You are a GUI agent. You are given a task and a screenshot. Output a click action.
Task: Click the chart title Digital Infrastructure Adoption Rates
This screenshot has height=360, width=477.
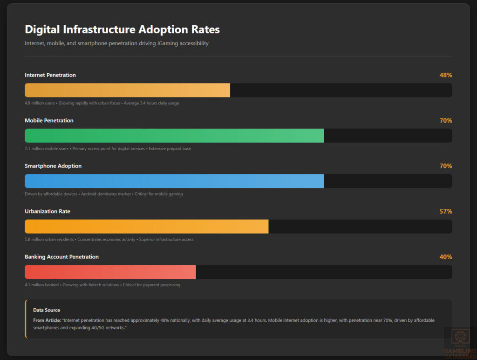(x=122, y=29)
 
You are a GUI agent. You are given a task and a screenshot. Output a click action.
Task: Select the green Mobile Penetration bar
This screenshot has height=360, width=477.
(x=174, y=136)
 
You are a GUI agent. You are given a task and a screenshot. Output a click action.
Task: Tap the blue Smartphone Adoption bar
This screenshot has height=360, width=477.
(x=174, y=181)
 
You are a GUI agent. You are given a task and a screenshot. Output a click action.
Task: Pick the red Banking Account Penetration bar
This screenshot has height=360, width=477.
(x=110, y=272)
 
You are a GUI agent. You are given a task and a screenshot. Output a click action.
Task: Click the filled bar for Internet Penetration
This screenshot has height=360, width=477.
(x=127, y=90)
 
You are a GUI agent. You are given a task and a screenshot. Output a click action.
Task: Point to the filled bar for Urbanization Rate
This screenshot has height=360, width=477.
(x=146, y=227)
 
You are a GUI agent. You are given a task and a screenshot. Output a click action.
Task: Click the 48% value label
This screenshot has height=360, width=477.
(x=445, y=75)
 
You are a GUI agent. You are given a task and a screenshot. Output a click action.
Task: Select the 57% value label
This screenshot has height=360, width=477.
(x=445, y=211)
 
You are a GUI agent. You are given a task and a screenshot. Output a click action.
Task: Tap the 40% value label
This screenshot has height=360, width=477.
(x=445, y=257)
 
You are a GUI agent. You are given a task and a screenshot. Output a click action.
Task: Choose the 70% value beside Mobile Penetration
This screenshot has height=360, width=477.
(x=445, y=120)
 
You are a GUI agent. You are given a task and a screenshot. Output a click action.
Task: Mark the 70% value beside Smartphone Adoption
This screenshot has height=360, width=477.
(x=445, y=166)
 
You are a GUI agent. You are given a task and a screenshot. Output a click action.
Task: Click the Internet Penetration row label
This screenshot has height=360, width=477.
(x=50, y=75)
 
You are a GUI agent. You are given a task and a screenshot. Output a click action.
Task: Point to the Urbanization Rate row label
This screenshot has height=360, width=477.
(x=48, y=211)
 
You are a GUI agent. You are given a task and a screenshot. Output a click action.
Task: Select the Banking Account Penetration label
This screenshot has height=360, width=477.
(x=61, y=257)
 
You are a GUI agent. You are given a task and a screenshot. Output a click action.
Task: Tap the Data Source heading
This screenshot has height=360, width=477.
(x=47, y=310)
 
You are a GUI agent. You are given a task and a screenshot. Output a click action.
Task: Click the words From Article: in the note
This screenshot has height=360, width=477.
(x=45, y=320)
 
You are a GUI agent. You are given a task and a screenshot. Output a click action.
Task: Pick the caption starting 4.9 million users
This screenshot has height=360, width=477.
(x=102, y=103)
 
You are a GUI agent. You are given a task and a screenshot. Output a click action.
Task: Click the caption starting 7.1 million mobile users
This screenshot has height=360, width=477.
(x=108, y=149)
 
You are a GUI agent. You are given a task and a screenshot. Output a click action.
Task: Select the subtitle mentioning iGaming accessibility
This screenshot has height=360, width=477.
(x=116, y=43)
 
